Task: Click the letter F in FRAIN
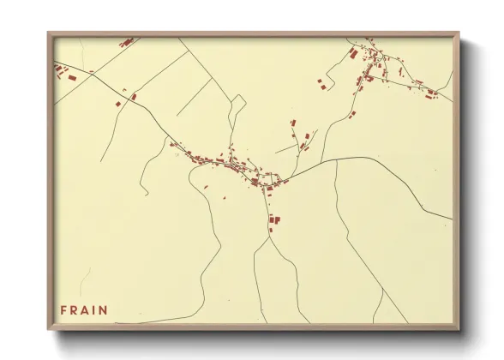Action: point(63,310)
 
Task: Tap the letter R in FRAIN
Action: point(75,310)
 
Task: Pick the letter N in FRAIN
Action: point(105,310)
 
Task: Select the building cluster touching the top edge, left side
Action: point(127,41)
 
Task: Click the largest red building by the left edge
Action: point(72,78)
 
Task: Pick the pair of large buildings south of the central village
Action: point(274,219)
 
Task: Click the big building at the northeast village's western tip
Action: point(354,53)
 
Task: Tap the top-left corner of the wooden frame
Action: point(49,34)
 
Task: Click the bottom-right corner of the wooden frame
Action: point(459,329)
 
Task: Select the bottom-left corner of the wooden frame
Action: point(49,329)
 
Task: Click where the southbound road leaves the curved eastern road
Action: point(335,160)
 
